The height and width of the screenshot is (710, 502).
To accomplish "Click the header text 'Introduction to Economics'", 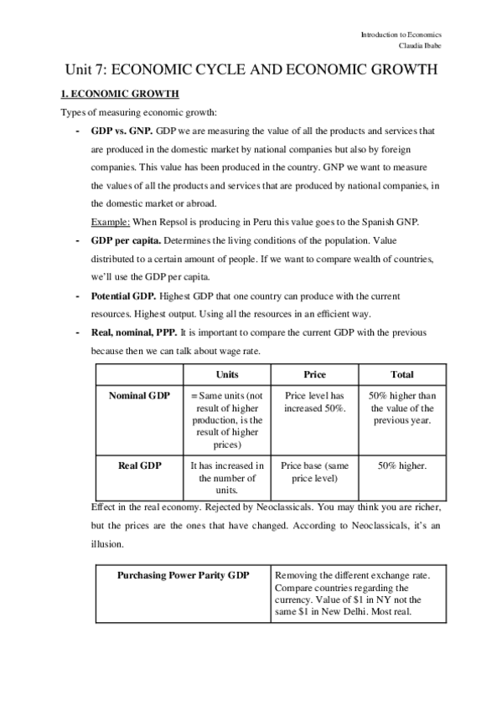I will (x=401, y=35).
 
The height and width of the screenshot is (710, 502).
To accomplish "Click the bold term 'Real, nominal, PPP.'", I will (x=138, y=333).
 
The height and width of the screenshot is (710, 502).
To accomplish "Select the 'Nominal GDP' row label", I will (x=139, y=395).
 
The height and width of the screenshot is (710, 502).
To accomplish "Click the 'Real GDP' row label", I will (x=139, y=464).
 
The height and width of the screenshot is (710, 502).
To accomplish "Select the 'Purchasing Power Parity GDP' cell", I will (x=183, y=576).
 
